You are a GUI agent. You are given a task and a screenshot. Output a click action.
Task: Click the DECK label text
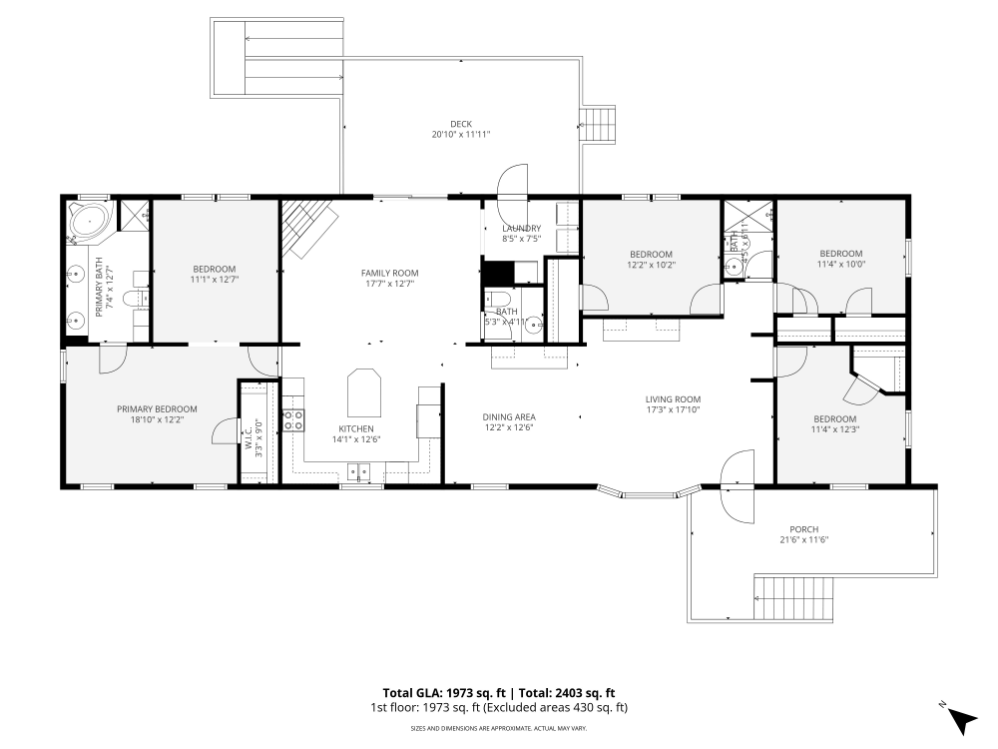pos(460,124)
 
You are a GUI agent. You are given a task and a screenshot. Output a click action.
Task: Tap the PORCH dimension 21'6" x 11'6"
pos(803,539)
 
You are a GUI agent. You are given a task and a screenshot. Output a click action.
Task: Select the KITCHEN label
pos(355,428)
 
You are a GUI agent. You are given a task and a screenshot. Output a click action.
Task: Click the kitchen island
pos(364,393)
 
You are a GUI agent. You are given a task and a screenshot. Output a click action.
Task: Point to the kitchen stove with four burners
pos(293,420)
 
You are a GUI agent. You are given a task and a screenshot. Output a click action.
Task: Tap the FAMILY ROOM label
pos(389,273)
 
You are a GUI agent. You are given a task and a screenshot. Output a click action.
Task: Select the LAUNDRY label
pos(521,228)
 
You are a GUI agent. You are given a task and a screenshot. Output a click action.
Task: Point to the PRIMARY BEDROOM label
pos(157,408)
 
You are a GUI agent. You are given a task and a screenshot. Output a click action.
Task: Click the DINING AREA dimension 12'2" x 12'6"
pos(509,428)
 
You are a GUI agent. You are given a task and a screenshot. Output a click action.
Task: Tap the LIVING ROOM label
pos(673,399)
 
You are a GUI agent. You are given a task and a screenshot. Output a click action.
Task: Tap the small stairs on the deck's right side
pos(600,125)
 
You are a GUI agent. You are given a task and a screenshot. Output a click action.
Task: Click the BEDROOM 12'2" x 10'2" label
pos(651,254)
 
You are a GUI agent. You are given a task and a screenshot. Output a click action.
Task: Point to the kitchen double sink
pos(357,471)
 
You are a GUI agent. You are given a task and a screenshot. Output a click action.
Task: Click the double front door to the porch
pos(737,486)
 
